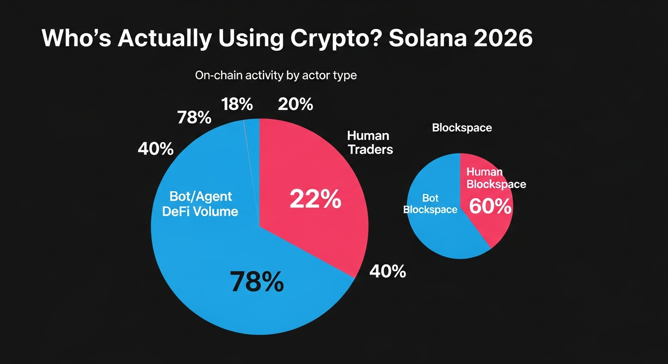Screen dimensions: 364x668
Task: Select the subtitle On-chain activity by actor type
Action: (x=276, y=75)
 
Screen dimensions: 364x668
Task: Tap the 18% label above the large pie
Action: (x=237, y=104)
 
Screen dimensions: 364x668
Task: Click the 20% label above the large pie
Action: (x=296, y=104)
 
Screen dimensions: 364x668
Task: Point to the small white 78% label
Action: (x=194, y=118)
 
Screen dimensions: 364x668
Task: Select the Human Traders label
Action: (x=370, y=143)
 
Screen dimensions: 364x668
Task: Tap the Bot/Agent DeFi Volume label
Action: (x=200, y=204)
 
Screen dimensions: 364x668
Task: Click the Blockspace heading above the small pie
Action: (x=462, y=128)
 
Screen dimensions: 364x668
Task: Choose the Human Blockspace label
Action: (x=496, y=178)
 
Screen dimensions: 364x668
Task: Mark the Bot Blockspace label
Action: (x=430, y=204)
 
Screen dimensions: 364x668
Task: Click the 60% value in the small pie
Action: (x=490, y=207)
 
